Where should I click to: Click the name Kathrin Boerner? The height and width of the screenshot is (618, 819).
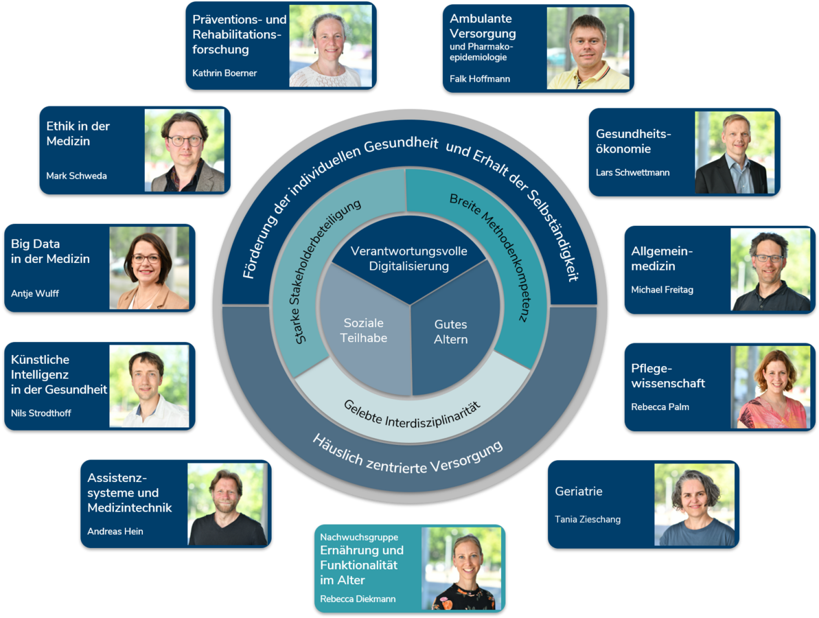[x=224, y=73]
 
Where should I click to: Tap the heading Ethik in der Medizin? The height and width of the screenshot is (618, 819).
[x=78, y=134]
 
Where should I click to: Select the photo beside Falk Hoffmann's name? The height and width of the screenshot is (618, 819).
[x=588, y=48]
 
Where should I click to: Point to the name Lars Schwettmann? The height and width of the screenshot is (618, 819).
[x=632, y=172]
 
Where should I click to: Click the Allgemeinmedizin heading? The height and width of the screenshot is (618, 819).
[x=662, y=259]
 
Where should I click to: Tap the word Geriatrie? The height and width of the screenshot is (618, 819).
[x=579, y=491]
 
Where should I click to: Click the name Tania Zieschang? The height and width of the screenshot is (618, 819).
[x=588, y=519]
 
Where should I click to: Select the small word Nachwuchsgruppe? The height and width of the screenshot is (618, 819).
[x=359, y=537]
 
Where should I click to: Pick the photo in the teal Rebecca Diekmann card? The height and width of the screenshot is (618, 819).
[x=462, y=569]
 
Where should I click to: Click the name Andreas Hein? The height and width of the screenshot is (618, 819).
[x=115, y=531]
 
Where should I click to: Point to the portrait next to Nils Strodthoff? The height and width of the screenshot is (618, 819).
[x=150, y=386]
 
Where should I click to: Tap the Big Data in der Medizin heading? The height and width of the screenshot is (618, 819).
[x=50, y=251]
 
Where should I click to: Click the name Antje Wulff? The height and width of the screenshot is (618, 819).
[x=35, y=294]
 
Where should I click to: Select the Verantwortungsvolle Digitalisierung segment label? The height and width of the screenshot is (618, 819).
[x=409, y=259]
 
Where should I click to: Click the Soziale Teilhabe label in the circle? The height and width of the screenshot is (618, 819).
[x=364, y=330]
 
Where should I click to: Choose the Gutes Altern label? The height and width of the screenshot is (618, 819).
[x=451, y=332]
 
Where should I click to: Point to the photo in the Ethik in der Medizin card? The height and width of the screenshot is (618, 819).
[x=185, y=150]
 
